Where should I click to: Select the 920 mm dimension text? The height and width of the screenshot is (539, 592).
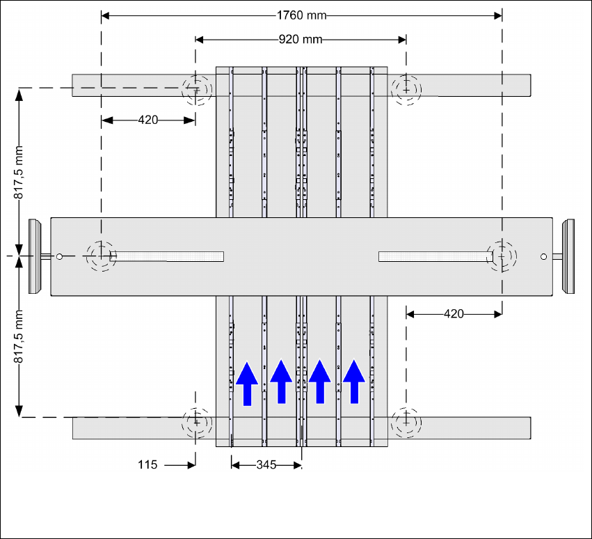pos(301,39)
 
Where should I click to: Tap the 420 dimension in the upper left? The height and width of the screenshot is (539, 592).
pos(148,120)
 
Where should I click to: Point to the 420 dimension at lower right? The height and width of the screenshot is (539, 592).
pos(454,314)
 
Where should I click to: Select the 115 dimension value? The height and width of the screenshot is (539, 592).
pos(148,464)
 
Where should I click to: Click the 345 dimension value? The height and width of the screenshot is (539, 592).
pos(266,464)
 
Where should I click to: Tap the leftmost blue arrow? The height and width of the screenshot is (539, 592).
pos(247,382)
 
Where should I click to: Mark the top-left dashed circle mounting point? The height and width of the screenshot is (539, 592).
pos(196,88)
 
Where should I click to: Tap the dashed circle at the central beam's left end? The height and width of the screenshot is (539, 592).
pos(101,256)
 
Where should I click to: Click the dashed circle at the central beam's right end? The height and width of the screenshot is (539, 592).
pos(501,256)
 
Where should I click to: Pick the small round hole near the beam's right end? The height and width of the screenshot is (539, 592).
pos(543,257)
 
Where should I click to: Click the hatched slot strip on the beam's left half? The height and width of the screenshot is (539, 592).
pos(167,256)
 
